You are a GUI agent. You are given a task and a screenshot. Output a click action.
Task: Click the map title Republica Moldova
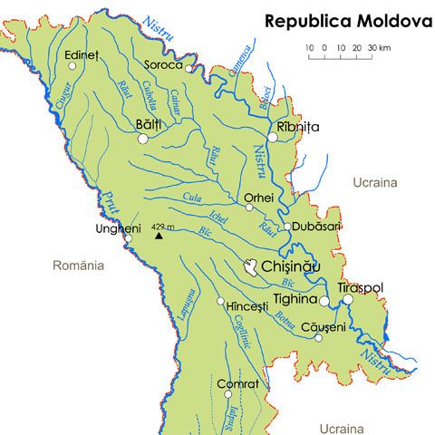tap(348, 21)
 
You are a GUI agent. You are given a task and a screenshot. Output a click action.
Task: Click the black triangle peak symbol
tap(159, 236)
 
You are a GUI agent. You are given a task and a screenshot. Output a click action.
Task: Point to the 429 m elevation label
tap(164, 226)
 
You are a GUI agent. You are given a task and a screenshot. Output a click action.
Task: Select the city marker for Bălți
tap(142, 139)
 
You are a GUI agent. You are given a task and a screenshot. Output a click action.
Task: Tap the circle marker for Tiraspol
tap(347, 299)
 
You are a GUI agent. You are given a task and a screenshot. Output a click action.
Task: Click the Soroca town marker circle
tap(188, 67)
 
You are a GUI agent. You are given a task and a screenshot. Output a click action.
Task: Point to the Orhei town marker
tap(249, 208)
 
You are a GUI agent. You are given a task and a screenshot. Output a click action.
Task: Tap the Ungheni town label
tap(118, 228)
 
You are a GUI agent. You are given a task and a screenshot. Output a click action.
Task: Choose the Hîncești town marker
tap(220, 301)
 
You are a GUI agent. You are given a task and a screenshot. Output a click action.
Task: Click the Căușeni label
tap(324, 327)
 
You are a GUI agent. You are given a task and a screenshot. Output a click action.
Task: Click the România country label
tap(80, 266)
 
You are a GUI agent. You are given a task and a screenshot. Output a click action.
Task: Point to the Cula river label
tap(191, 196)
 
